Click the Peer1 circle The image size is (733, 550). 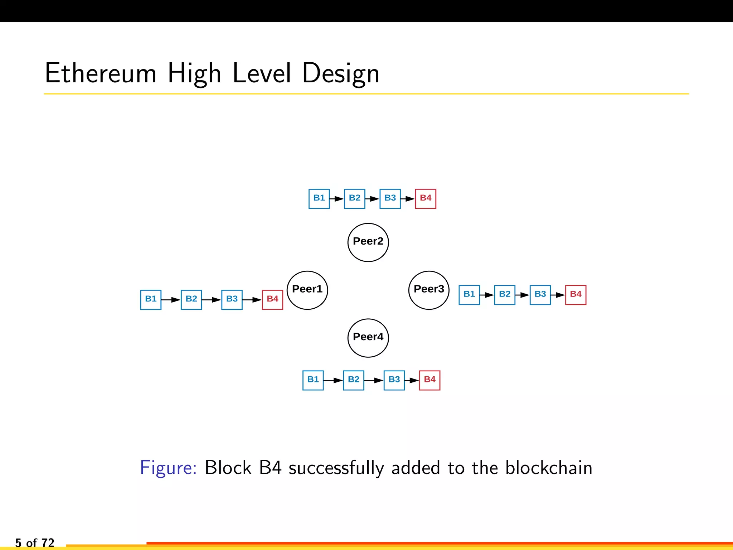[307, 290]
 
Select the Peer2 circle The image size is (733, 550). [368, 242]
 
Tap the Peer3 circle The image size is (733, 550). [429, 290]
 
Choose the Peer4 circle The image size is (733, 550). [368, 338]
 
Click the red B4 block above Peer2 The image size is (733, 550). [426, 199]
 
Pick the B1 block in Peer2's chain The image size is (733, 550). [319, 199]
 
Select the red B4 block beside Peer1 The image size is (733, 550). [272, 300]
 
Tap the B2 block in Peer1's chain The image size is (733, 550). [191, 300]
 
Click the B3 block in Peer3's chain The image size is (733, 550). [540, 295]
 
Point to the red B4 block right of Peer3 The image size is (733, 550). [576, 295]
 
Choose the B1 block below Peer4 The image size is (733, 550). [313, 380]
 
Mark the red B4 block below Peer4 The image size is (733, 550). [429, 380]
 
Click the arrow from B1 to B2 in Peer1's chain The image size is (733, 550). [171, 300]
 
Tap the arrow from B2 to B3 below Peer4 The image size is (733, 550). [374, 380]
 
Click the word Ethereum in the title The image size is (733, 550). [101, 73]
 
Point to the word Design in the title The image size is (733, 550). [340, 73]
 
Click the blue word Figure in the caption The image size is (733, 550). [168, 468]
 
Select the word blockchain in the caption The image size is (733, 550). [549, 468]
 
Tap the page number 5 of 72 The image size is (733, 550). [35, 542]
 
